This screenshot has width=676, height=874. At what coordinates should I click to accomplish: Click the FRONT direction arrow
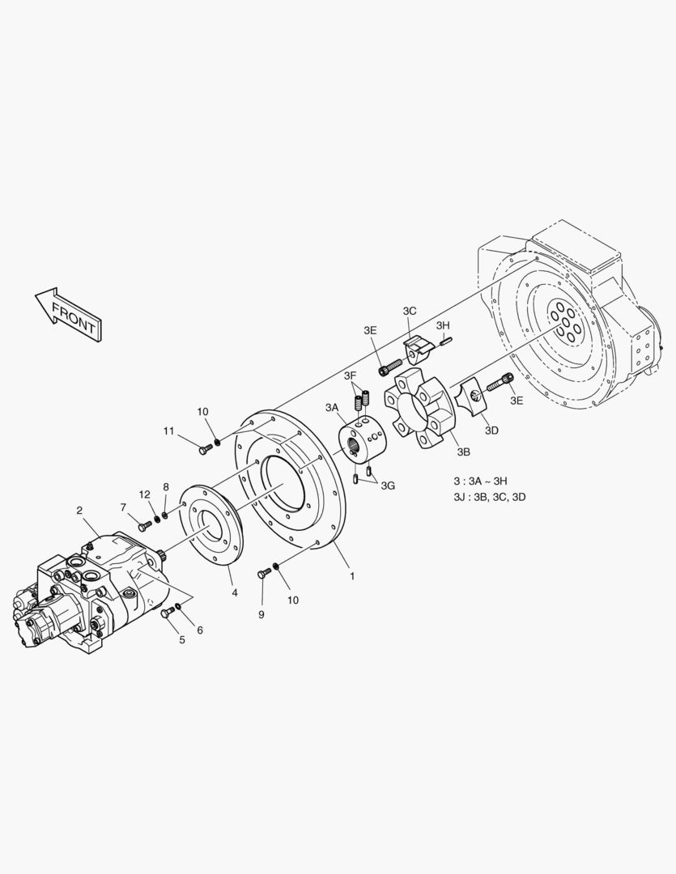point(68,314)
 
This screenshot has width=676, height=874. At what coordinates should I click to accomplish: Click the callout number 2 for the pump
point(80,510)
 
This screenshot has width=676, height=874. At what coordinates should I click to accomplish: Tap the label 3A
point(332,407)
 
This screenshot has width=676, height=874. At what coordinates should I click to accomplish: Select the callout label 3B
point(464,452)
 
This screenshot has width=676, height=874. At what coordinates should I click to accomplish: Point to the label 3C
point(410,311)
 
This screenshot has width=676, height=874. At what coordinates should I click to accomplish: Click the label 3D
point(491,431)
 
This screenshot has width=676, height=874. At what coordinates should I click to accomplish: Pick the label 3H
point(443,325)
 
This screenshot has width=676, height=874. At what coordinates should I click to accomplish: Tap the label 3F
point(350,375)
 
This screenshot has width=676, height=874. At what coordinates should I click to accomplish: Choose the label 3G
point(388,486)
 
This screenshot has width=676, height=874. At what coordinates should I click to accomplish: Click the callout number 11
point(169,431)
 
